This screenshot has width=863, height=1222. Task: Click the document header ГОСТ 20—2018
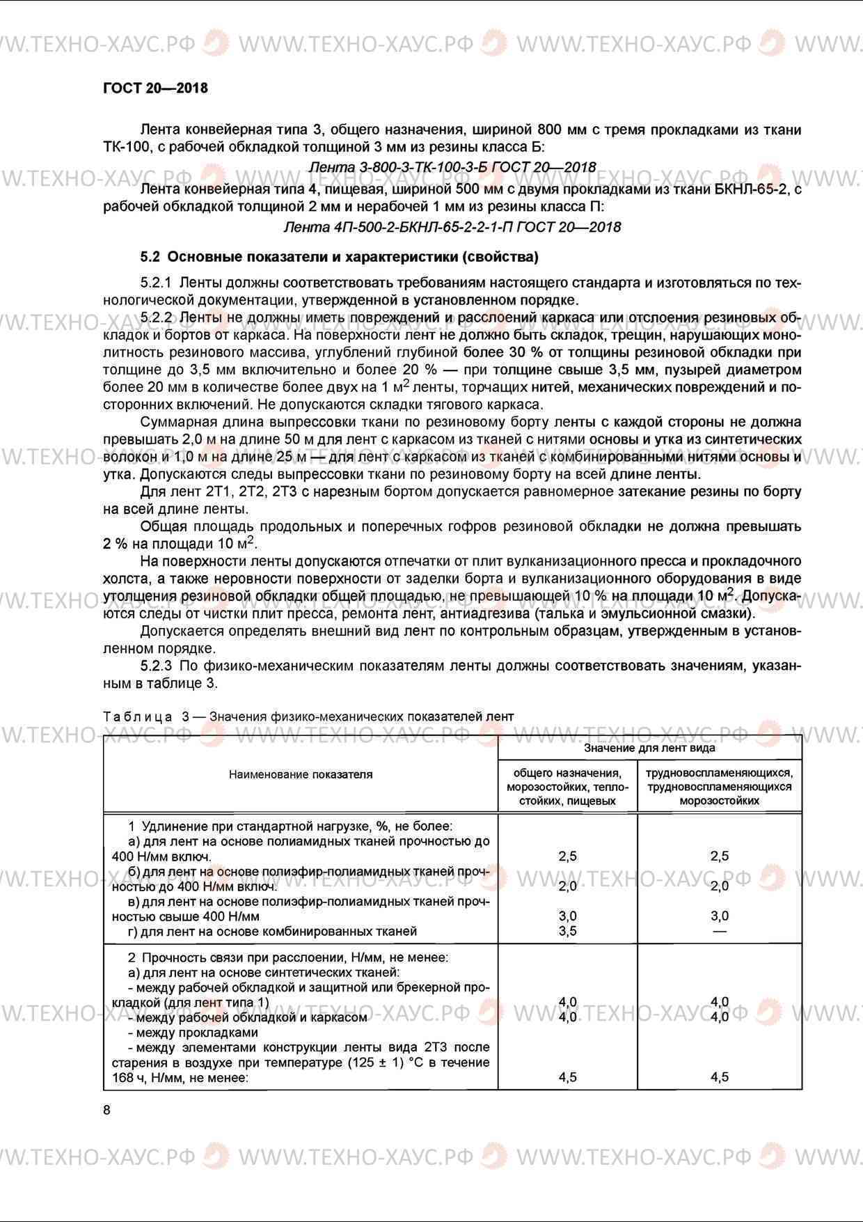click(x=155, y=88)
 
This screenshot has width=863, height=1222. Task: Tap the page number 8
click(x=106, y=1110)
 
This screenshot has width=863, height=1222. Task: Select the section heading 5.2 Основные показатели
click(x=339, y=257)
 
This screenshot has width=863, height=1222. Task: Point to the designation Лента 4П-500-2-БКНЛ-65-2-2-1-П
click(x=452, y=227)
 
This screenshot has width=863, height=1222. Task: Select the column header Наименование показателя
click(x=301, y=774)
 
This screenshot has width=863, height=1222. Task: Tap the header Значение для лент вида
click(x=649, y=748)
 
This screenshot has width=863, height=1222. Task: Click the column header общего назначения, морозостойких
click(x=567, y=787)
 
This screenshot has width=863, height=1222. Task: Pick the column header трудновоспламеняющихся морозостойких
click(x=719, y=787)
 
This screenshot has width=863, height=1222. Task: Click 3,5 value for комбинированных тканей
click(x=568, y=931)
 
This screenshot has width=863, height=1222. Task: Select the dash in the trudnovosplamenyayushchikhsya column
click(x=720, y=931)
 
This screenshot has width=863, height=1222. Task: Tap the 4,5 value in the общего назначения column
click(x=568, y=1077)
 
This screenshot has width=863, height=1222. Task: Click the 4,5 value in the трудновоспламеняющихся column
click(x=720, y=1077)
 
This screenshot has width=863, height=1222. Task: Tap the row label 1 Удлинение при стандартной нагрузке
click(x=290, y=827)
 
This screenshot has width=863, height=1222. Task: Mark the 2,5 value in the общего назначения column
click(x=568, y=856)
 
